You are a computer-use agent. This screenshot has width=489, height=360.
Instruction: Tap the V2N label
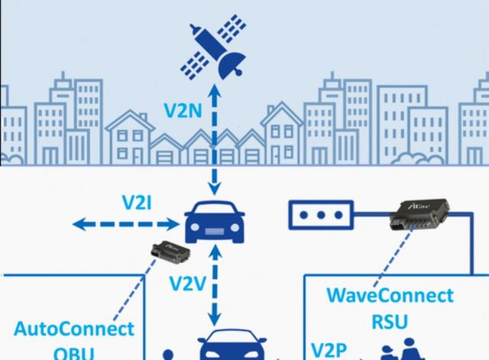click(x=183, y=110)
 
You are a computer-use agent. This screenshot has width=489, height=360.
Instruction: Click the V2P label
click(x=329, y=351)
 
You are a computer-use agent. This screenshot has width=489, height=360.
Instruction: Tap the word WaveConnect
click(x=390, y=296)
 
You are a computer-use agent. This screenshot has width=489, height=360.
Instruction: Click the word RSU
click(x=390, y=322)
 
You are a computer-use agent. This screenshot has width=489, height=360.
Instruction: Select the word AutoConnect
click(x=74, y=330)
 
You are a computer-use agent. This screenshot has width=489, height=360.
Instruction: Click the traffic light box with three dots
click(x=320, y=216)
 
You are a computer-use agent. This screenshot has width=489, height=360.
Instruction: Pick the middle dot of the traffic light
click(x=320, y=216)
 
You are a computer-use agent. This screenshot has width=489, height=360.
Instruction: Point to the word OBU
click(x=75, y=354)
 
